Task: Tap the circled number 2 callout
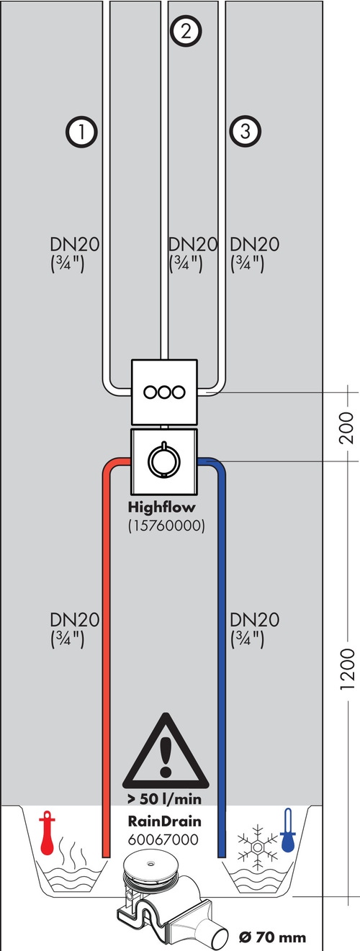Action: [x=186, y=31]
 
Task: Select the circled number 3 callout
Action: [x=245, y=131]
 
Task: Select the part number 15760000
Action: [x=166, y=526]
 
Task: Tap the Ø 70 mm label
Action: [x=272, y=937]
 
